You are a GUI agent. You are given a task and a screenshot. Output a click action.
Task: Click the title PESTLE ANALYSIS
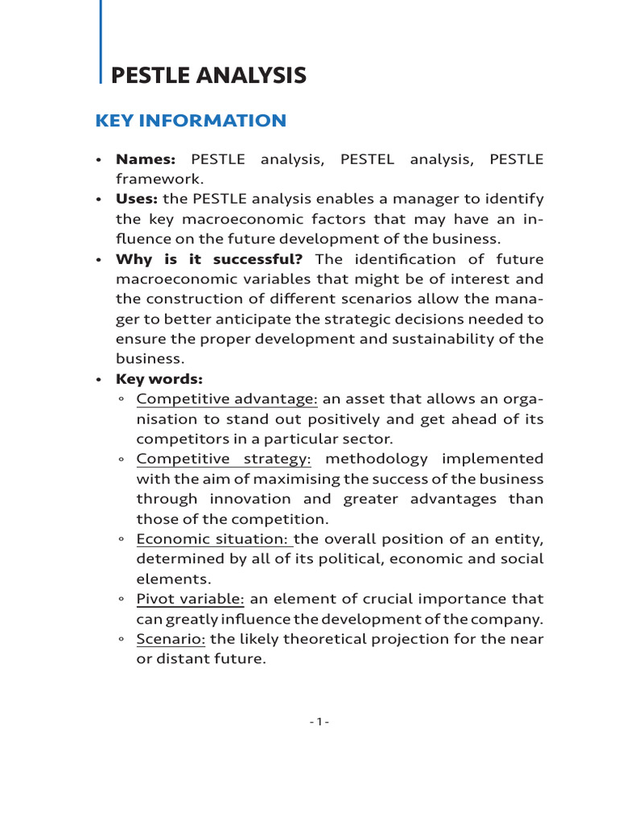208,76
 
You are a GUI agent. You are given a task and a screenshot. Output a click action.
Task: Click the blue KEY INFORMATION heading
191,121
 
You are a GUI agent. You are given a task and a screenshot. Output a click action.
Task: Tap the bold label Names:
146,159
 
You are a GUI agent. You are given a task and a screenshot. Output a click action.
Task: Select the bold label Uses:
137,199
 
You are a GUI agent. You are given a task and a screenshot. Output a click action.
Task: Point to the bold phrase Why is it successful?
209,259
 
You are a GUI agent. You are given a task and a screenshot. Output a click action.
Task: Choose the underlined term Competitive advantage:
227,399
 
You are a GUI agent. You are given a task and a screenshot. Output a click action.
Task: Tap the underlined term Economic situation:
215,538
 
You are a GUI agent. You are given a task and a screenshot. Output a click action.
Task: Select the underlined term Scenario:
171,639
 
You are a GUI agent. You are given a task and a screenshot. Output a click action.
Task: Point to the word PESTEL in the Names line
367,159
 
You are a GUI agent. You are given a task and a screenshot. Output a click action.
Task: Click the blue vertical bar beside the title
101,40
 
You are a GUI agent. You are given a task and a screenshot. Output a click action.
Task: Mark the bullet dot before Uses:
98,200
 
